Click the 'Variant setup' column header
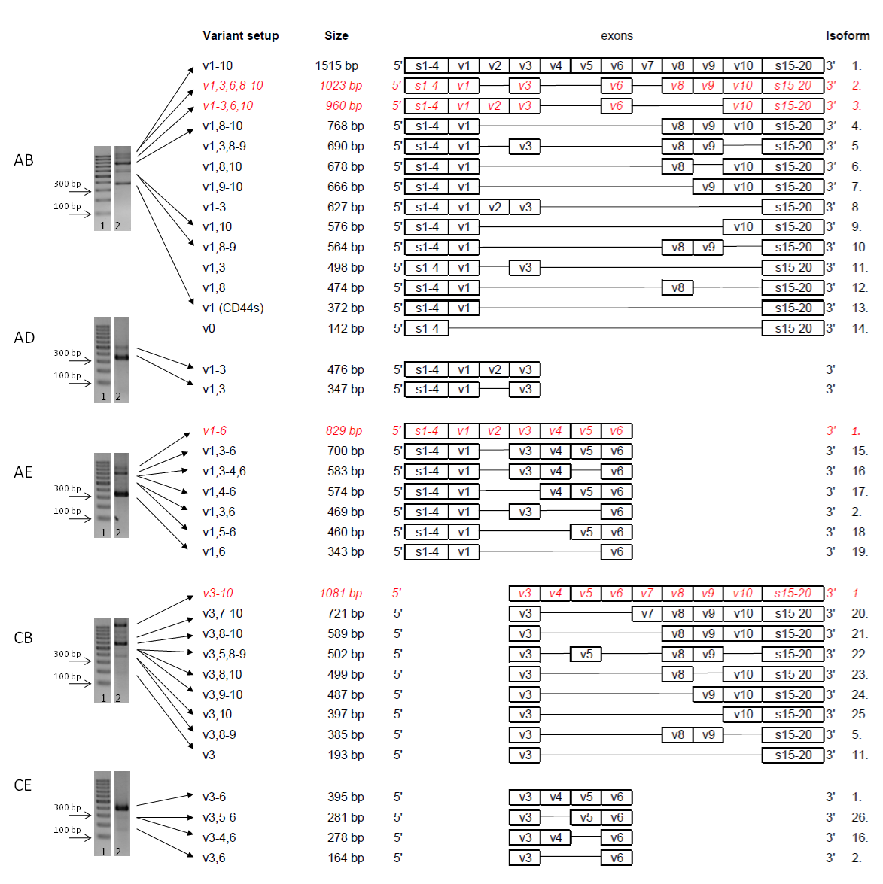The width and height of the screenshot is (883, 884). pos(240,35)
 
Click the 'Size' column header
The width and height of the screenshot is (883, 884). pos(336,35)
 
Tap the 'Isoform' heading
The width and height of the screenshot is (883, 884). pos(848,35)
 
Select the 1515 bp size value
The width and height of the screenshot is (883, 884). pos(336,66)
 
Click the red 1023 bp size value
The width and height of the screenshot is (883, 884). pos(341,85)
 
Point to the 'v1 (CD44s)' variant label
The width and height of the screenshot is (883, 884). pos(233,308)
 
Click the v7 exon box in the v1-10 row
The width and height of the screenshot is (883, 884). pos(647,66)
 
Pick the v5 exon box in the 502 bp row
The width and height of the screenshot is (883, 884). pos(586,654)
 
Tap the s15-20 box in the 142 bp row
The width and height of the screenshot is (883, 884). pos(793,328)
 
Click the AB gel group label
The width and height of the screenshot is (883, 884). pos(23,160)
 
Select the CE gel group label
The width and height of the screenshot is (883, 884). pos(23,785)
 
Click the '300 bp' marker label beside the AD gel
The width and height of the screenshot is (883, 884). pos(67,353)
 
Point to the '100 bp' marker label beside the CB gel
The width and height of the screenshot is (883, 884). pos(67,676)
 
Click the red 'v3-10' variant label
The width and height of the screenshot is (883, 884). pos(218,593)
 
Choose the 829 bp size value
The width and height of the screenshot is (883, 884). pos(343,431)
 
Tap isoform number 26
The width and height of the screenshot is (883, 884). pos(860,818)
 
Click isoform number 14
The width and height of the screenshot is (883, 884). pos(860,328)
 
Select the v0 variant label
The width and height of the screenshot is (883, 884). pos(209,328)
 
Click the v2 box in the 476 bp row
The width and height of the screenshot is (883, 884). pos(495,370)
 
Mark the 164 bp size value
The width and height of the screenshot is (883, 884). pos(346,858)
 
